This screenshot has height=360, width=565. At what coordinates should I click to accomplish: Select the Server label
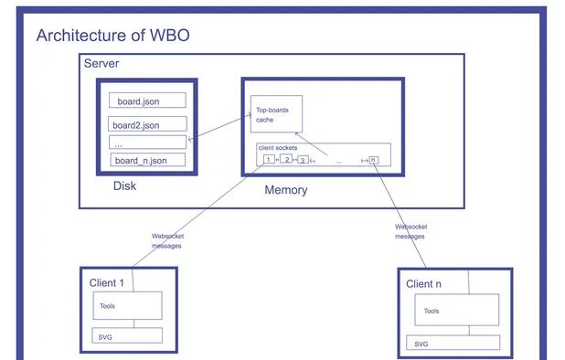(x=101, y=63)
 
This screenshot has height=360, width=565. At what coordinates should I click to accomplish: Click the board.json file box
(x=147, y=101)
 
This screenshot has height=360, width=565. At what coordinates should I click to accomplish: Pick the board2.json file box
(x=147, y=124)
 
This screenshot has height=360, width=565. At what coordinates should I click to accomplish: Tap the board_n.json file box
(x=146, y=161)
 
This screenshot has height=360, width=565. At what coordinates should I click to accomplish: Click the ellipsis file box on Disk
(x=147, y=143)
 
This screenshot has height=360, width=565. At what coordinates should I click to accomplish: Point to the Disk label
(x=124, y=186)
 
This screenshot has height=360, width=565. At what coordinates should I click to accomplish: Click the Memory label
(x=285, y=190)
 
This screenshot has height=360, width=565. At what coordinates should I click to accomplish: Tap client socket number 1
(x=268, y=159)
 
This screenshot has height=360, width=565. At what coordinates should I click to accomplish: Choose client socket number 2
(x=286, y=159)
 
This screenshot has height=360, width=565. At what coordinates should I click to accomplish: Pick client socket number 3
(x=303, y=160)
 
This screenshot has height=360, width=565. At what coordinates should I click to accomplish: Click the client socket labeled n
(x=373, y=160)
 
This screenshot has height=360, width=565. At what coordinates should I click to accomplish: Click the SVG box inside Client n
(x=453, y=344)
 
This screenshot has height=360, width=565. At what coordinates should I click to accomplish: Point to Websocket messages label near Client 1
(x=166, y=240)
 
